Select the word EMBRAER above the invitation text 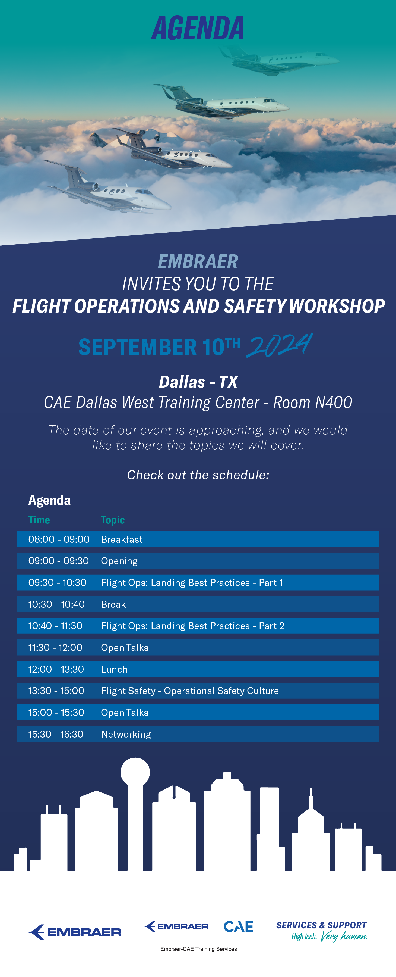(198, 261)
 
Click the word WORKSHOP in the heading (337, 306)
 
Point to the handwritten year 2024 (280, 345)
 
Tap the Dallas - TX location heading (198, 382)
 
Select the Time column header (39, 520)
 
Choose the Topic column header (113, 520)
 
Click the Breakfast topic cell (122, 539)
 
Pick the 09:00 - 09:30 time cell (58, 561)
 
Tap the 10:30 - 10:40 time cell (56, 604)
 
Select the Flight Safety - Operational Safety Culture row (198, 691)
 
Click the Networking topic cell (126, 734)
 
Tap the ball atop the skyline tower (135, 772)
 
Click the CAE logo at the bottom (238, 926)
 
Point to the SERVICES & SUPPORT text (321, 925)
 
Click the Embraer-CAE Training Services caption (199, 949)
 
